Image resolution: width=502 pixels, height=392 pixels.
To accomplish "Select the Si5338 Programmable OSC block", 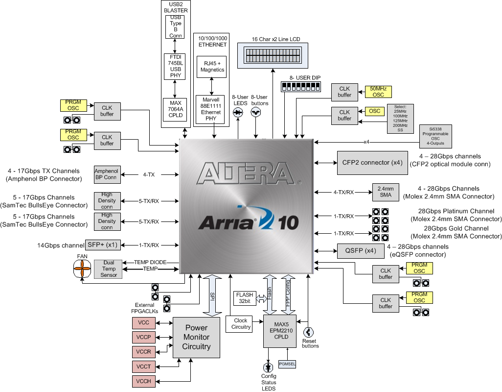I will [436, 136].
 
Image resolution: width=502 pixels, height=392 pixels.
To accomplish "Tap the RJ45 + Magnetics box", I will [212, 67].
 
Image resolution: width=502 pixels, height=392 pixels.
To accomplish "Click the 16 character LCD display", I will [273, 54].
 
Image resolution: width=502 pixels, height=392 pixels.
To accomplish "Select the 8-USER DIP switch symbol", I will [299, 86].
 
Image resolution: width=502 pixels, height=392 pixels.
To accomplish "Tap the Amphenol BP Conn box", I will [107, 174].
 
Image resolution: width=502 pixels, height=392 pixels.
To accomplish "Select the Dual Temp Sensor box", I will [109, 269].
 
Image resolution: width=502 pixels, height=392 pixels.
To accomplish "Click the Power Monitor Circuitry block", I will [196, 337].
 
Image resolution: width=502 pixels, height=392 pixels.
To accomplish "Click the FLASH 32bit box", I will [245, 298].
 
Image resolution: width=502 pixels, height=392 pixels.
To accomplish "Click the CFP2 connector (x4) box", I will [371, 162].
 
